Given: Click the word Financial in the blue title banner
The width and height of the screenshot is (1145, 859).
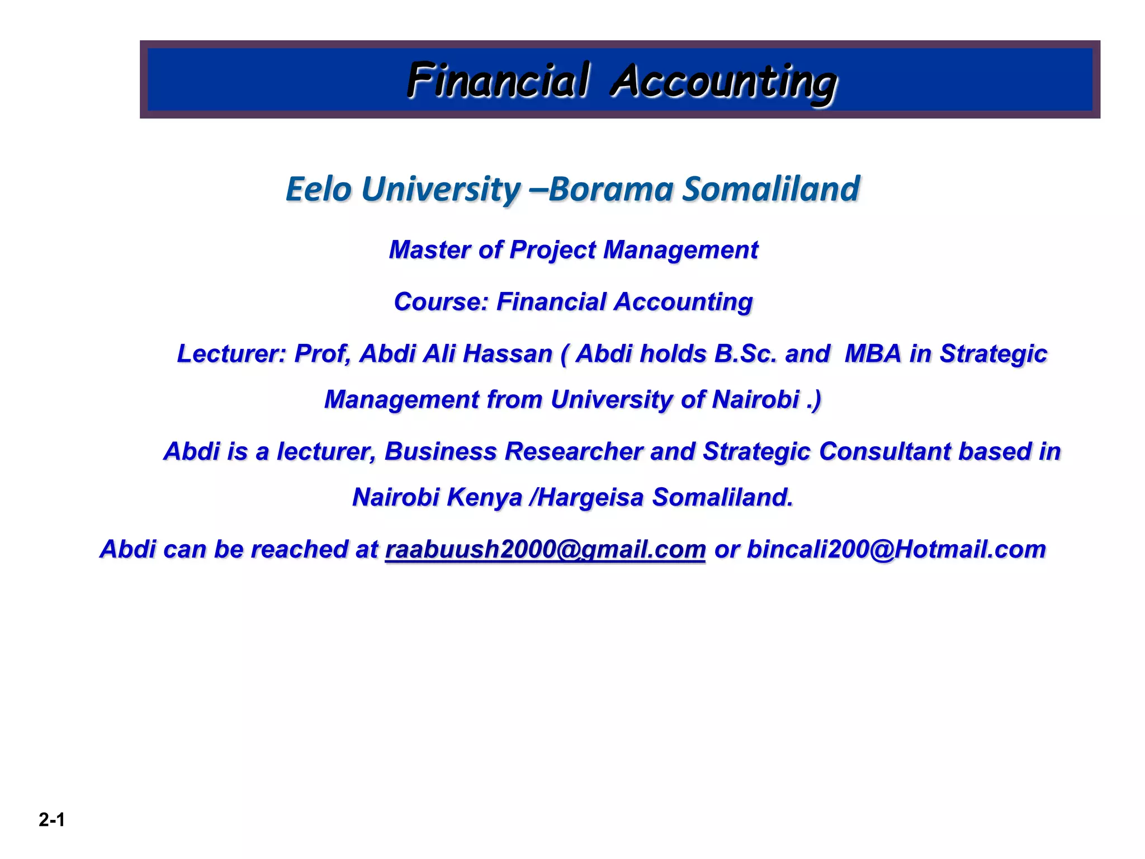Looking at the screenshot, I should (498, 80).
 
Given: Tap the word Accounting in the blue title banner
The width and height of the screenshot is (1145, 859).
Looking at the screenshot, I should (723, 82).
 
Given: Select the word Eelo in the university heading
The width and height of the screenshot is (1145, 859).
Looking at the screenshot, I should (318, 188).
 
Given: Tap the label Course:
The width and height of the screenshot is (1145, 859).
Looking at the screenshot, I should (441, 302).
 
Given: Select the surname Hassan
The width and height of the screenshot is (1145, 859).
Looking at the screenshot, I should (508, 353).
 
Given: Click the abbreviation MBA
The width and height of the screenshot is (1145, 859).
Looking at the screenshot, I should (873, 353).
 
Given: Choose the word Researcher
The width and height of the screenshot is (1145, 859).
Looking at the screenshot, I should (573, 451).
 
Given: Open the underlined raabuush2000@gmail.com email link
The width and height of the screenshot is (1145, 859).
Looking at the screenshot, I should (545, 549).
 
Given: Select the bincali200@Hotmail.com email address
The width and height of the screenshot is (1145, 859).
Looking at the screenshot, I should (896, 549).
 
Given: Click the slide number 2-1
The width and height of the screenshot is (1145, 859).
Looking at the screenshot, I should (52, 820).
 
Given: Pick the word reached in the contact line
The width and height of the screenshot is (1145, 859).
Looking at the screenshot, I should (300, 549).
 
